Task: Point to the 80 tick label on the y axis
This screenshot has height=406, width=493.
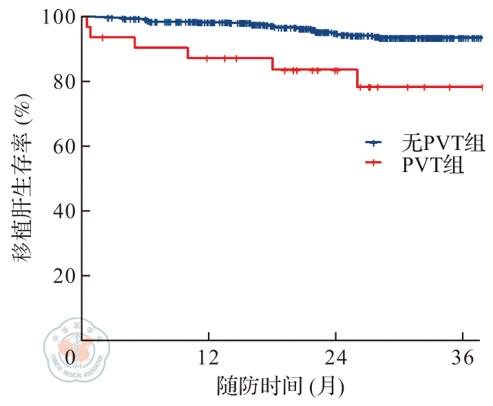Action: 62,81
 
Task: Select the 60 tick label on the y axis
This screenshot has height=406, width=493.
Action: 62,146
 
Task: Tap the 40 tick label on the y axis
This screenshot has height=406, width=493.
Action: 62,211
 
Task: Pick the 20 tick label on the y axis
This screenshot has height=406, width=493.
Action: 62,275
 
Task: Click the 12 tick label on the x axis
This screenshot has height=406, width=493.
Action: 208,359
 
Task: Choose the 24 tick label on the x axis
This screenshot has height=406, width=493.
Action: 335,359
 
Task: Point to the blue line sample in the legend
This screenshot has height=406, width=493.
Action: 373,143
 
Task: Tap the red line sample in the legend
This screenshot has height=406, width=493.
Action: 373,163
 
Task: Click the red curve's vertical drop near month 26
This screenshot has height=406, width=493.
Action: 357,78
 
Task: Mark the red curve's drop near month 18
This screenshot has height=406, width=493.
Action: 272,64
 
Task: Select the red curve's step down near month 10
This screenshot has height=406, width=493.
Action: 187,53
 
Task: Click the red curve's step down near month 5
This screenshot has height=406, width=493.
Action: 134,42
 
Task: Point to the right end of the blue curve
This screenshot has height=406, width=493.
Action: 481,39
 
